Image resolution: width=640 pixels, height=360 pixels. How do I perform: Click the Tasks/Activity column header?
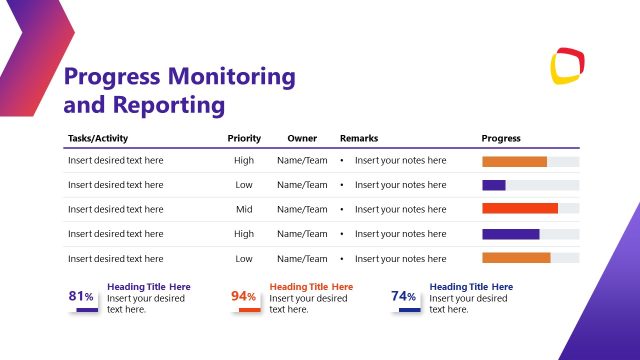click(98, 138)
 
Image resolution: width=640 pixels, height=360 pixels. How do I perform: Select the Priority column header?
click(244, 138)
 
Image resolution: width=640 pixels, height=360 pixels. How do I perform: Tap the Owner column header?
click(302, 138)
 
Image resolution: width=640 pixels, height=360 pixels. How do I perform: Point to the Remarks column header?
click(359, 138)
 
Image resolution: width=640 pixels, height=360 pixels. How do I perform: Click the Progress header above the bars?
click(501, 138)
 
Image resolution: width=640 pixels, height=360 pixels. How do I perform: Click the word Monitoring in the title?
click(231, 77)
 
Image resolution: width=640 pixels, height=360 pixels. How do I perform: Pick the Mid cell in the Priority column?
click(244, 209)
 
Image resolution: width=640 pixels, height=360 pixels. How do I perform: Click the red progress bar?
click(520, 209)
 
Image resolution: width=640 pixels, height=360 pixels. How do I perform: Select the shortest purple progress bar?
click(494, 185)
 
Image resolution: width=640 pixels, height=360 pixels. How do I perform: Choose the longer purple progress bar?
click(511, 234)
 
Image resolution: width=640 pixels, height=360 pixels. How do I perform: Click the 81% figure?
click(81, 296)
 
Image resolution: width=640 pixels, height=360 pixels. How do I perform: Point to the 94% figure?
click(244, 296)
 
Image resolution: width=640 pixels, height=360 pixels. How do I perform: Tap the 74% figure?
click(404, 296)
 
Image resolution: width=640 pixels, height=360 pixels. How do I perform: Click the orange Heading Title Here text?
click(311, 287)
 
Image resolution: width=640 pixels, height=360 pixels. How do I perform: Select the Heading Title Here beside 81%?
click(149, 287)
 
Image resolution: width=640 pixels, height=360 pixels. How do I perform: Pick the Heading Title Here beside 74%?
click(471, 287)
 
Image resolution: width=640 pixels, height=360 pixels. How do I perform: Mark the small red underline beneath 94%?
click(250, 310)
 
